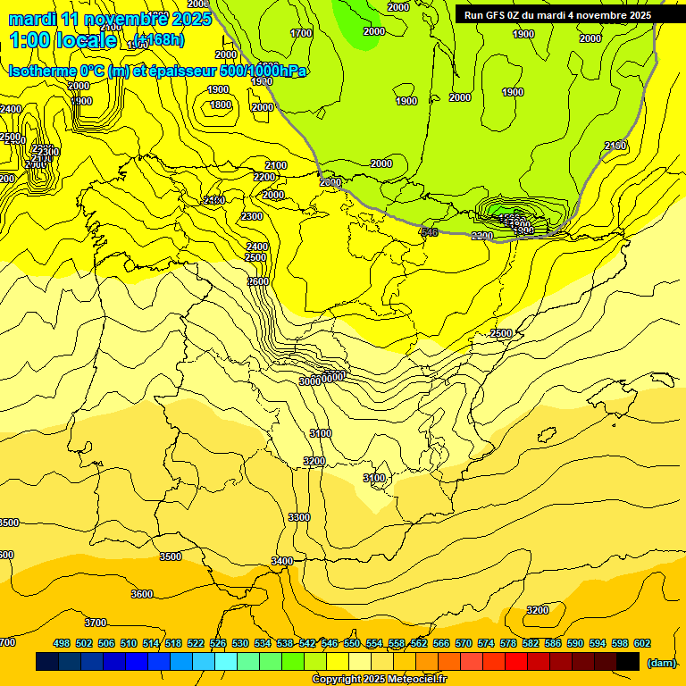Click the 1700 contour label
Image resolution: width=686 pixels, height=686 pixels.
point(301,33)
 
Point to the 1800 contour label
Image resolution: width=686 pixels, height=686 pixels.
point(221,105)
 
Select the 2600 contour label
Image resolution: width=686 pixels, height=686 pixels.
point(258,281)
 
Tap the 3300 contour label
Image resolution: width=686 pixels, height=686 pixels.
point(299,517)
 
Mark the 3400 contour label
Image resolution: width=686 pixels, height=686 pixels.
point(282,561)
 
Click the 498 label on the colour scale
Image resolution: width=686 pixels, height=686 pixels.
point(62,643)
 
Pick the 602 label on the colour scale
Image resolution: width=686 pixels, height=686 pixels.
point(641,643)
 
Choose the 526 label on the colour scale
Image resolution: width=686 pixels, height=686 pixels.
point(218,643)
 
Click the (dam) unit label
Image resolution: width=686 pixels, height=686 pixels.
point(661,663)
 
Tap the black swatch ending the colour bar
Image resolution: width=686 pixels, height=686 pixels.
point(628,662)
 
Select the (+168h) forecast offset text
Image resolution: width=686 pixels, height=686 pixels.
point(159,38)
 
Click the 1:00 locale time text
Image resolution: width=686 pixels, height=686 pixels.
point(63,39)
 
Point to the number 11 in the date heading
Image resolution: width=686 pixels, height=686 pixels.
point(71,18)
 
